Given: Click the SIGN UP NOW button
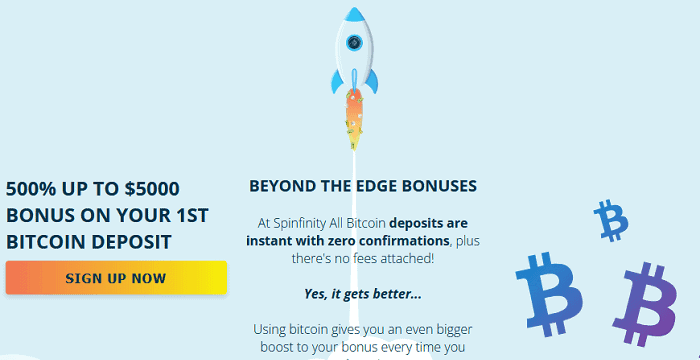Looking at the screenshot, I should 116,278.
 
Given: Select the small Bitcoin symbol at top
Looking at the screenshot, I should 609,220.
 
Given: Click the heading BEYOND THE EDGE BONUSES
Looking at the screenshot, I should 363,186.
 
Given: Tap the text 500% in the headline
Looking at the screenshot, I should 32,187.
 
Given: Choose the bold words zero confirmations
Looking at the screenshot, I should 389,240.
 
